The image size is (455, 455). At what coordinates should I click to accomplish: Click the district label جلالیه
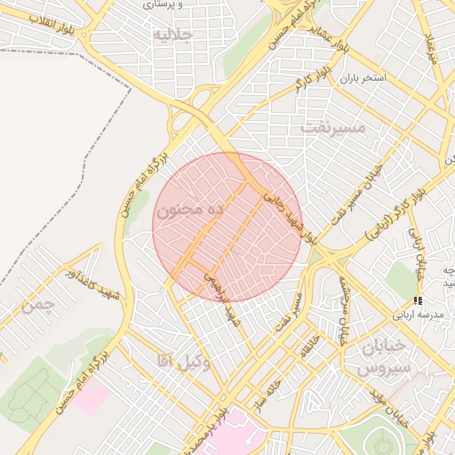coord(172,35)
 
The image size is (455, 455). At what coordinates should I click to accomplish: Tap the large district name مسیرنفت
coord(333,127)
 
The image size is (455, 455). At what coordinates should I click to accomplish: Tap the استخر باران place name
coord(361,78)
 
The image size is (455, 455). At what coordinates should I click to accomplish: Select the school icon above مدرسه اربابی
coord(419,301)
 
